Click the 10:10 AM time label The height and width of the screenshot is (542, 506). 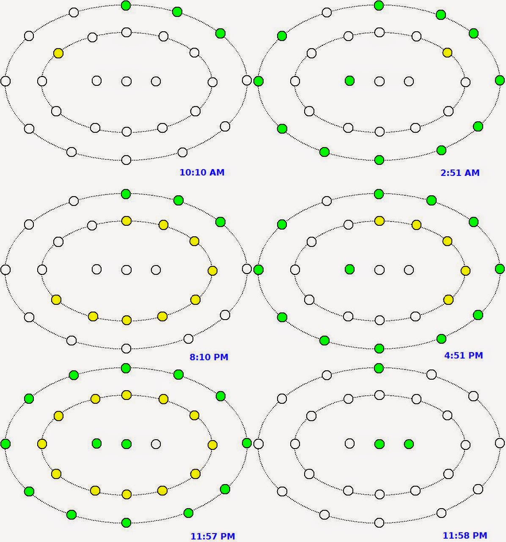[x=202, y=172]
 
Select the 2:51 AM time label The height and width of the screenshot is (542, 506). [x=460, y=172]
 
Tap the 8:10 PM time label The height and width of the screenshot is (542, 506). [x=209, y=357]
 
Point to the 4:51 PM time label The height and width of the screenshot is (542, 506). [x=463, y=356]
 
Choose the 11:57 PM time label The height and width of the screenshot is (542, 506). [x=212, y=537]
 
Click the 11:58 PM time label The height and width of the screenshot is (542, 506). [x=465, y=536]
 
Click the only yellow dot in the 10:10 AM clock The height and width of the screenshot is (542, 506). [x=58, y=53]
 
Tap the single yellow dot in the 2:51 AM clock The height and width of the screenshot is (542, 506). [x=447, y=53]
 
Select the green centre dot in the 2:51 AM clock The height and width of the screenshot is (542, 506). [x=349, y=81]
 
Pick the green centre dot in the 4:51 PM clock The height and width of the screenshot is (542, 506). [x=349, y=269]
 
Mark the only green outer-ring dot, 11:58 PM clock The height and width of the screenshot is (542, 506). [x=379, y=368]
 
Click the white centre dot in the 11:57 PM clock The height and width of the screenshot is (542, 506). [x=156, y=444]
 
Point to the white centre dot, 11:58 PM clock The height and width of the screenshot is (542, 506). [x=349, y=443]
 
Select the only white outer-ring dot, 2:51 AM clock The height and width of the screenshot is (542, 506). [x=327, y=12]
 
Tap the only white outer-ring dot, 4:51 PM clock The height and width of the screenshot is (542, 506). [x=327, y=201]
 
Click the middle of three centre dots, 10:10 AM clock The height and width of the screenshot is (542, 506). [x=126, y=81]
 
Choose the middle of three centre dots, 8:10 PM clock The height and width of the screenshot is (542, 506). [x=126, y=270]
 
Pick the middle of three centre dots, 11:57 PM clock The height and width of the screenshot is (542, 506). [x=126, y=444]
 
